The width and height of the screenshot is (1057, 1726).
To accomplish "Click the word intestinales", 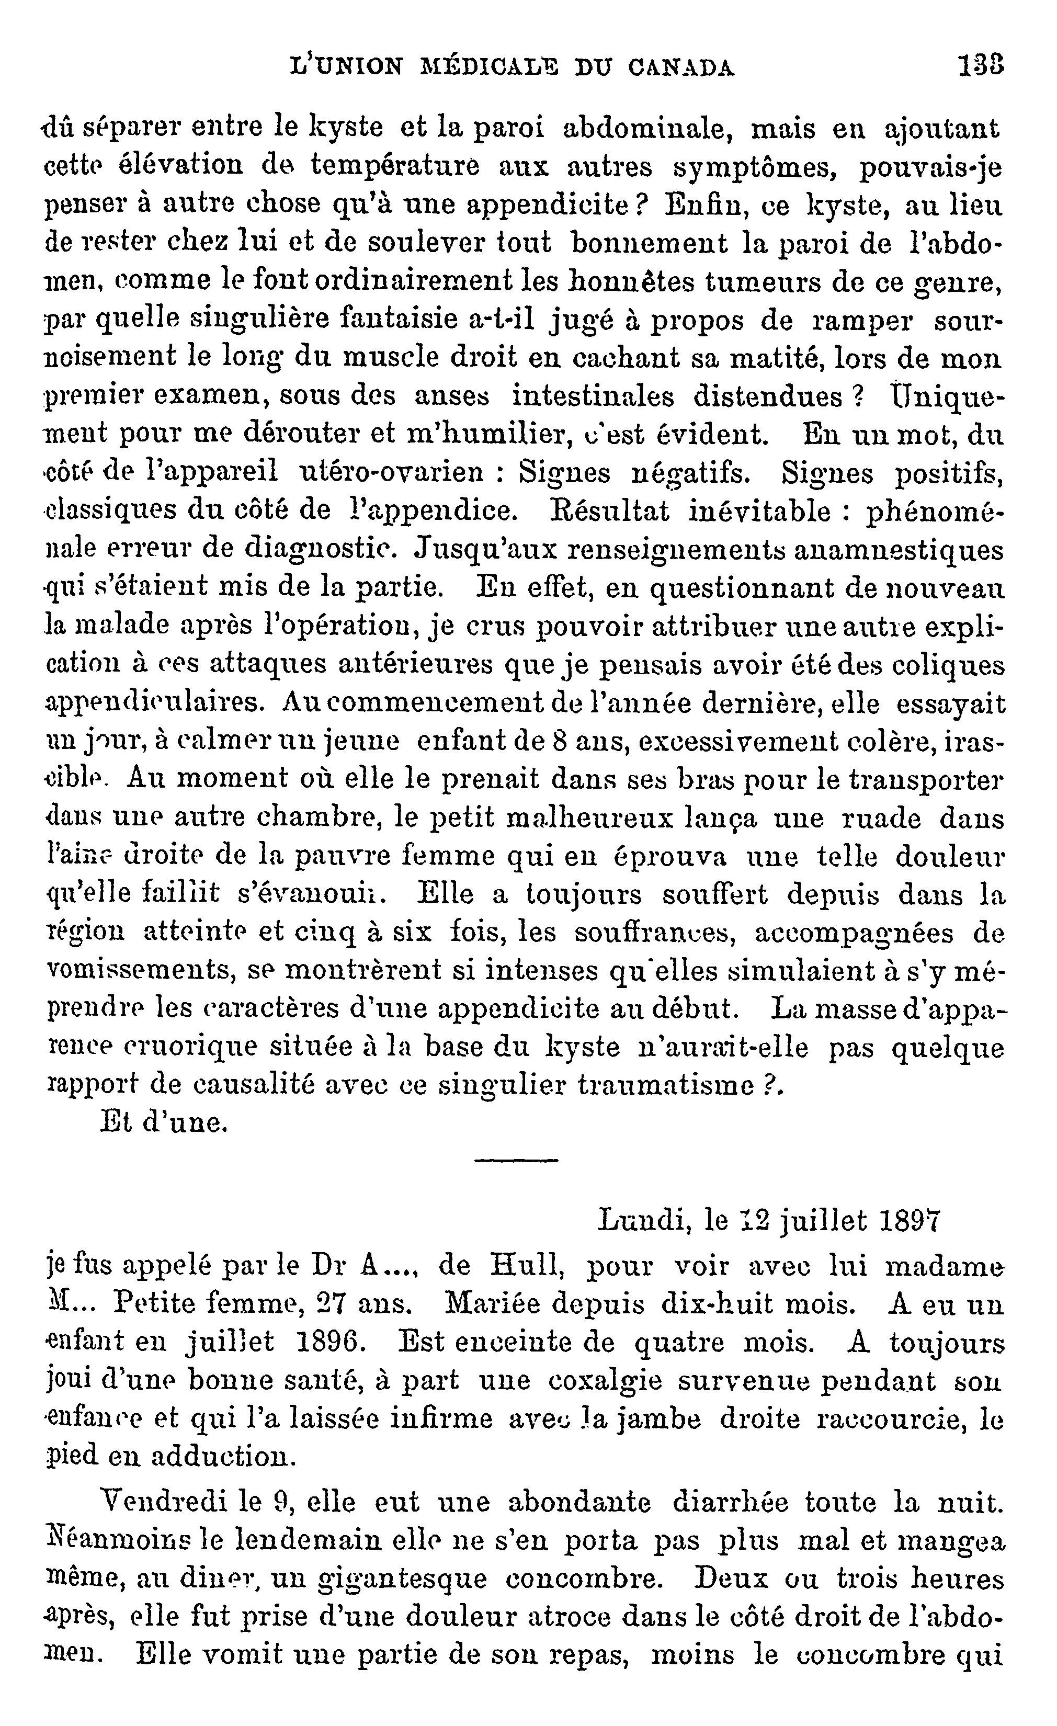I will click(x=593, y=396).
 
